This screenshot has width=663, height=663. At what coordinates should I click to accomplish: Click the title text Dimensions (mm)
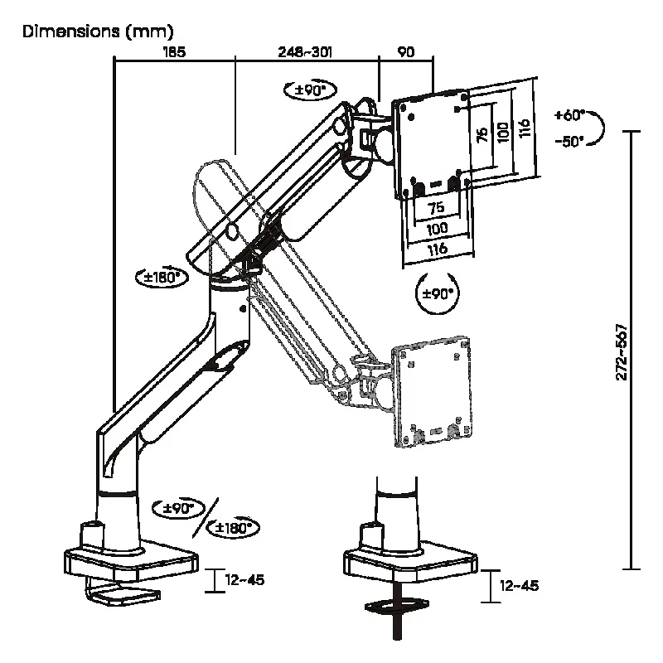coord(98,31)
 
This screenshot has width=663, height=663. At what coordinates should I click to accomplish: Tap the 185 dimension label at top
coord(174,51)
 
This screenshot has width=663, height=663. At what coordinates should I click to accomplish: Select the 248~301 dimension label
coord(305,51)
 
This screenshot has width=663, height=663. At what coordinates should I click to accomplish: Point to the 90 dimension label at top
coord(406,51)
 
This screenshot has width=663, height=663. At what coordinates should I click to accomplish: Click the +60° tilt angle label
coord(569,114)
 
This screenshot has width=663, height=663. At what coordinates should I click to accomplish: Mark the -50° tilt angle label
coord(569,141)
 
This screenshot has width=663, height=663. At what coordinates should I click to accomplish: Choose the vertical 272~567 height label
coord(621,352)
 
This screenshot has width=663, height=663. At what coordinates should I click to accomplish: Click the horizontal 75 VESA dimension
coord(437,208)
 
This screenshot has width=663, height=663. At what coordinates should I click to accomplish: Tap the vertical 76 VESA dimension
coord(482,134)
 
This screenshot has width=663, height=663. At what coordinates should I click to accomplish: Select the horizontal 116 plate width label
coord(438,249)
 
